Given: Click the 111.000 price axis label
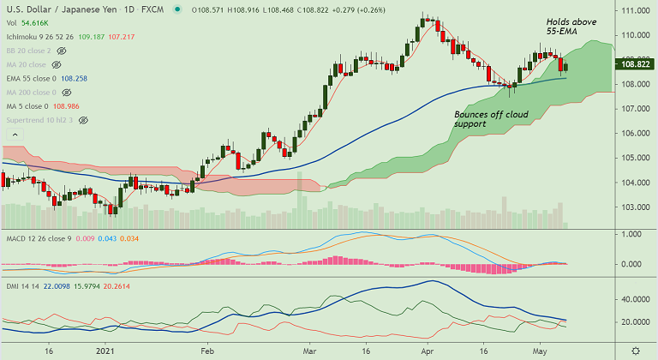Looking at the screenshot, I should [x=635, y=10].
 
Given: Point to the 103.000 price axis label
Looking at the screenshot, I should [x=635, y=207].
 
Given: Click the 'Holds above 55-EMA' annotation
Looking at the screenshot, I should [x=571, y=27].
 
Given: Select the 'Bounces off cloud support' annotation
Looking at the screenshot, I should [x=491, y=119].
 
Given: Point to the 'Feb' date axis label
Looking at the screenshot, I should [x=206, y=351].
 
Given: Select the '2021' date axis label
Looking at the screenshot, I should [x=105, y=351].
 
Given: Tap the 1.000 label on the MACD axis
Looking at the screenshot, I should [x=631, y=234].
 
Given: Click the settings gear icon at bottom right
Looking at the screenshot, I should [x=635, y=351].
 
